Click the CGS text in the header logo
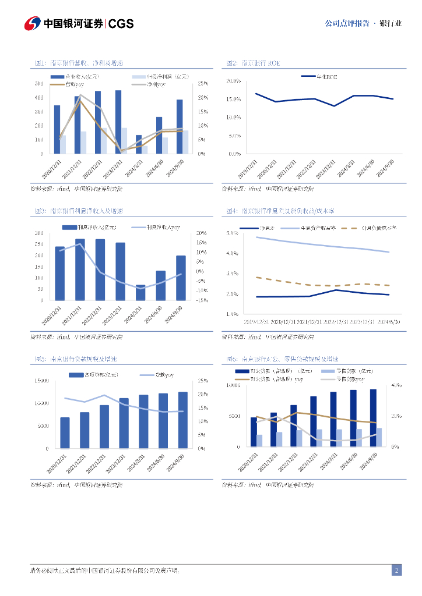tap(121, 23)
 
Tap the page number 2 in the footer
tap(396, 570)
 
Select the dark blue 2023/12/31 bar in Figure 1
tap(118, 122)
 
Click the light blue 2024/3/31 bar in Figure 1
tap(145, 150)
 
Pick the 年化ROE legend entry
tap(319, 76)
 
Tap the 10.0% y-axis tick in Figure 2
tap(233, 118)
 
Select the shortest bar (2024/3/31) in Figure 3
tap(140, 293)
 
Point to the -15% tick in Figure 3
tap(202, 300)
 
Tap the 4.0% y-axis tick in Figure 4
tap(232, 253)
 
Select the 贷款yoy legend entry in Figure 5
tap(156, 375)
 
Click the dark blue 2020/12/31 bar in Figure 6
tap(254, 432)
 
